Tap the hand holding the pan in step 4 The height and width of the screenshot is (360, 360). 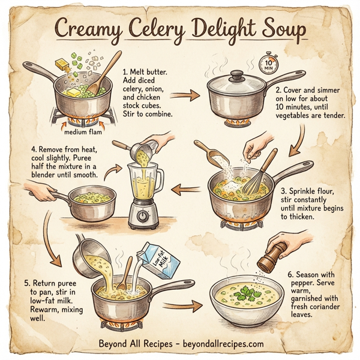pyautogui.click(x=42, y=193)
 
